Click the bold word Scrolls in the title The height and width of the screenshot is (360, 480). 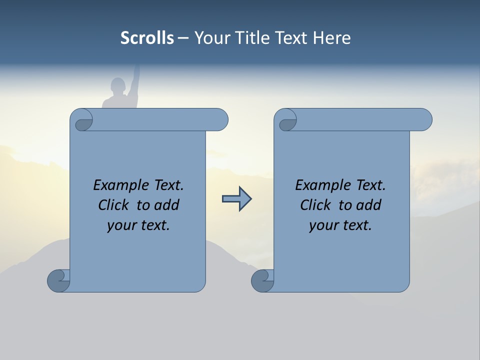(x=147, y=38)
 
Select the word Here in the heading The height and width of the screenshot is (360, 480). (x=331, y=38)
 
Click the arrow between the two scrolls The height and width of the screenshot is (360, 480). (x=236, y=199)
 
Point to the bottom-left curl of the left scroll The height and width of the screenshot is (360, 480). (x=58, y=280)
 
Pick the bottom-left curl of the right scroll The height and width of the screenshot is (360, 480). (x=262, y=280)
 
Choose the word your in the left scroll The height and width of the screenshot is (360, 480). (x=120, y=226)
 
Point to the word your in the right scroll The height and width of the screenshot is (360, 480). (x=322, y=226)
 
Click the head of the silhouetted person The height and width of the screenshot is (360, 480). (x=118, y=85)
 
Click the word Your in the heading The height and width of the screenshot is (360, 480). (x=209, y=38)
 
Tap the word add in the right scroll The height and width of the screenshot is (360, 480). (x=368, y=205)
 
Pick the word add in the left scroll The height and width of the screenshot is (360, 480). (x=166, y=205)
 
